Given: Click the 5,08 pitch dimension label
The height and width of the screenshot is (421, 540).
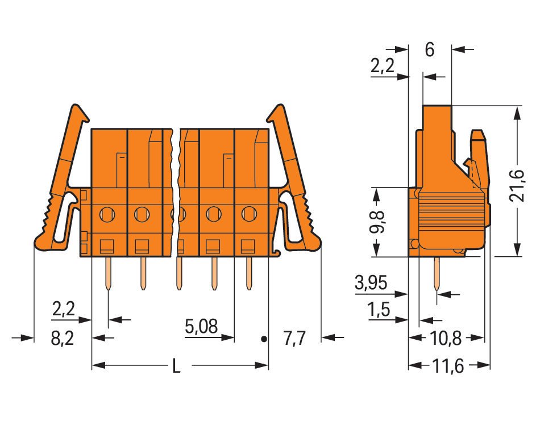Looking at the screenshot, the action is coord(201,326).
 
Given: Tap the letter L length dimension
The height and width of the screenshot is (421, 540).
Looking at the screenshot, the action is coord(176,366).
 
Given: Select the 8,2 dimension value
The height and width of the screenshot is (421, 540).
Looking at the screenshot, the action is coord(63,339).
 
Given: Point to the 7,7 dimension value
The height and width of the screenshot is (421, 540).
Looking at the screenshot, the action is coord(294,339).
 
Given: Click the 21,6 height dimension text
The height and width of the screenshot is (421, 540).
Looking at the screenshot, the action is coord(517,186).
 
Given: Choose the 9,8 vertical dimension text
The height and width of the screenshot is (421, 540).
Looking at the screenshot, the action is coord(377,222).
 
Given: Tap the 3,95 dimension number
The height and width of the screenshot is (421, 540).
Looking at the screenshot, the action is coord(371,283).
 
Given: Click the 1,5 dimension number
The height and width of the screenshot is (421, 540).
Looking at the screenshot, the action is coord(379,310).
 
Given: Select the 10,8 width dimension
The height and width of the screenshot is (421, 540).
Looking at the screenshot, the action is coord(446,339).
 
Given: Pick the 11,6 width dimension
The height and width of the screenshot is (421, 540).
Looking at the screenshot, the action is coord(448,366).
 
